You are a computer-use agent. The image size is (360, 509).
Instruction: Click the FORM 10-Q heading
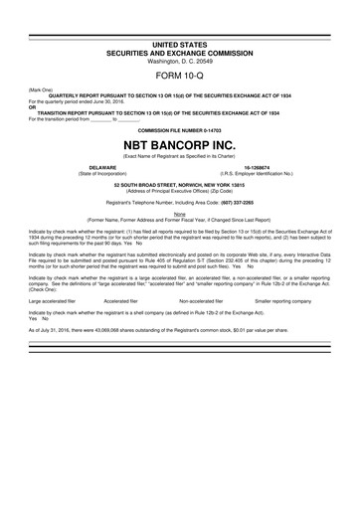point(180,76)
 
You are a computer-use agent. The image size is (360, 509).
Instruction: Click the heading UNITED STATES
point(180,46)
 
